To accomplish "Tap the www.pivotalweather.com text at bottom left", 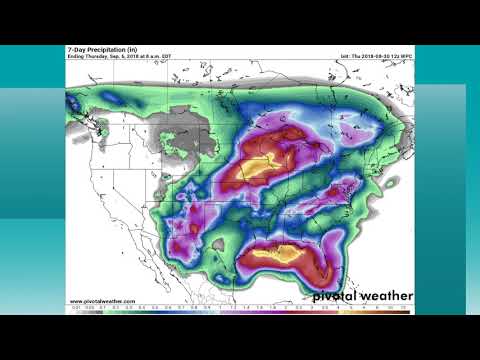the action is click(103, 301).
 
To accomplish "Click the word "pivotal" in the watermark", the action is click(335, 296).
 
